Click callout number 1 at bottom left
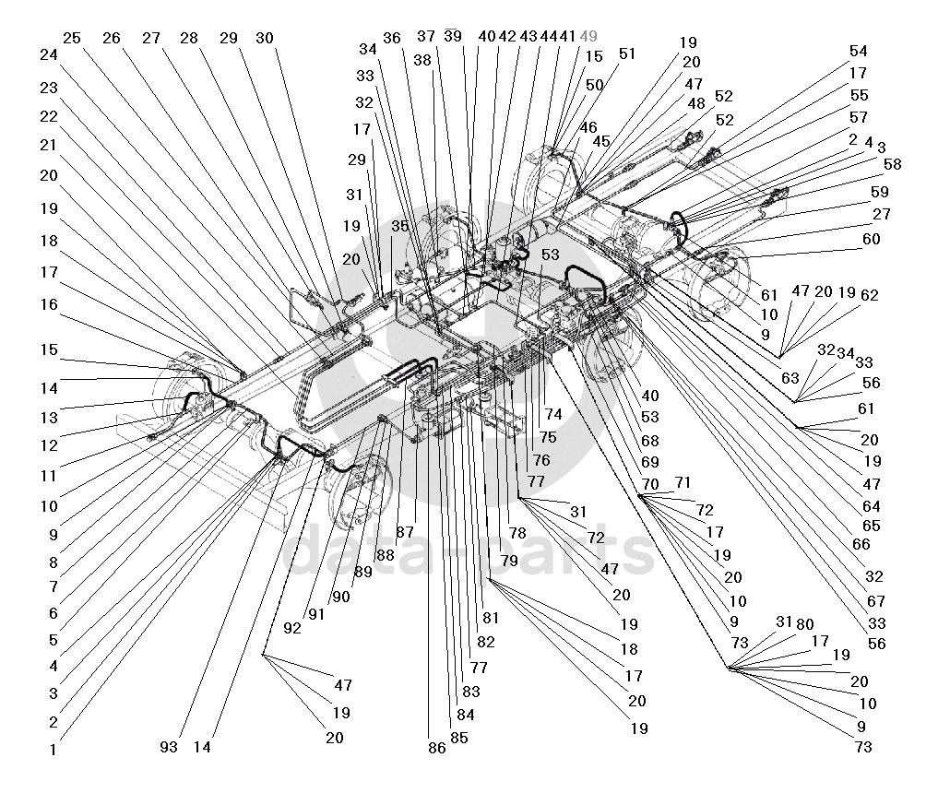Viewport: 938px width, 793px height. (54, 750)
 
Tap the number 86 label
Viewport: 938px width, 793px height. (437, 749)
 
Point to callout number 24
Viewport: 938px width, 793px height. (49, 54)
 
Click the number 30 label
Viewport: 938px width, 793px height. (265, 38)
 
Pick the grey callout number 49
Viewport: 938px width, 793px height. (588, 36)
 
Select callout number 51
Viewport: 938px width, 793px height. (627, 53)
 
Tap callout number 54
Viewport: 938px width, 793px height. (859, 52)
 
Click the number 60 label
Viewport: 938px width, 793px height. (871, 239)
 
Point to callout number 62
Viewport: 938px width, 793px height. (869, 296)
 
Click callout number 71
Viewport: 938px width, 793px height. (683, 482)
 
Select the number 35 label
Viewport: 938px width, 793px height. (399, 225)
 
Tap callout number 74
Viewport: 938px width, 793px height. (553, 415)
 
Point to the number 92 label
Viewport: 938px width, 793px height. (292, 629)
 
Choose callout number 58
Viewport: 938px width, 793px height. (892, 164)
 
